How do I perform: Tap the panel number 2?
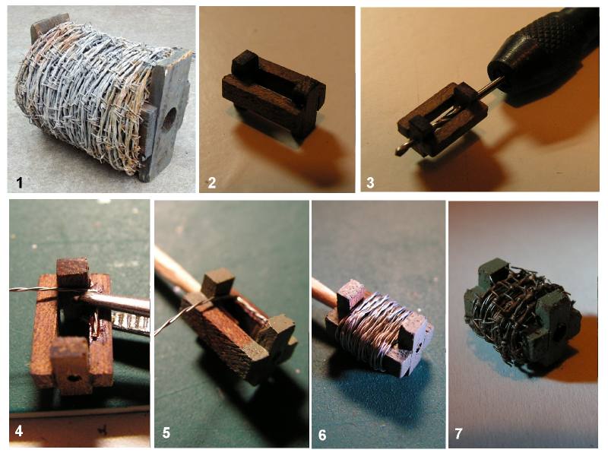(212, 182)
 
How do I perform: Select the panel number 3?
(370, 182)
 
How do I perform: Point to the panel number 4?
(19, 430)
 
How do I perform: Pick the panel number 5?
(166, 432)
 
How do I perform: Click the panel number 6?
(322, 435)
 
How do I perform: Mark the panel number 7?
(458, 433)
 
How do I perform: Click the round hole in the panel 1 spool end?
(169, 119)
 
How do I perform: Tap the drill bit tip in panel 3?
(398, 151)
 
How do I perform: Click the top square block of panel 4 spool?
(72, 274)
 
